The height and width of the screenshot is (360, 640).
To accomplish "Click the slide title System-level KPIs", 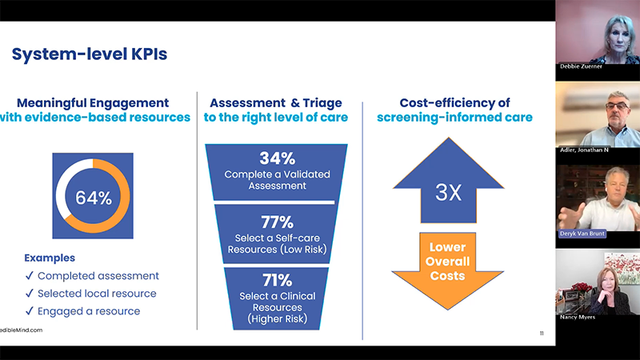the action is point(90,54).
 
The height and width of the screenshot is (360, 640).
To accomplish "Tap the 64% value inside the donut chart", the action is point(94,198).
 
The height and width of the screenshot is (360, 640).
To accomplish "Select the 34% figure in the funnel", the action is point(278,158).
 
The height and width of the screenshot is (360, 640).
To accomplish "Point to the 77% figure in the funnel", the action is point(278,222).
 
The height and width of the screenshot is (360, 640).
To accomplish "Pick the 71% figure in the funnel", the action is point(278,281).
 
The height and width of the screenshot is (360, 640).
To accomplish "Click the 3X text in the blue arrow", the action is point(448,192).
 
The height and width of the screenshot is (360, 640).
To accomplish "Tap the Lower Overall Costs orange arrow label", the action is point(448,262).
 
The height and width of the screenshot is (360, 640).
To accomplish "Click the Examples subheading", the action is point(50,258).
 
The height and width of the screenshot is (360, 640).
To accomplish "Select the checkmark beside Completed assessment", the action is point(29,276).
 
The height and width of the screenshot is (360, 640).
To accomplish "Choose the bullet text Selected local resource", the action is point(97,294).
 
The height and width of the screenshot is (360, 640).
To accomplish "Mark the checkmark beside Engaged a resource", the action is point(29,311).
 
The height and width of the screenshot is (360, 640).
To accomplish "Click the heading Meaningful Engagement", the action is point(93,103).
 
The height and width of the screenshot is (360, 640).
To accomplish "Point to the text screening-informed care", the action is point(454,118).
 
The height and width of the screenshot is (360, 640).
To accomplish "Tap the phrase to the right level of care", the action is point(276,118).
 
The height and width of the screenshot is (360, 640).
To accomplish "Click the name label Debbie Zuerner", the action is point(581,66).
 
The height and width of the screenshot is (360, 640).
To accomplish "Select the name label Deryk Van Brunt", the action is point(582,234).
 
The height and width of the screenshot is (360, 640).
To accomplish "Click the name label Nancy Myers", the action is point(578,317).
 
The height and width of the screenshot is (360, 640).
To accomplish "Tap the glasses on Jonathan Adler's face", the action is point(617,106).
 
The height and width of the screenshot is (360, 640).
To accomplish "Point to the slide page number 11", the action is point(542,334).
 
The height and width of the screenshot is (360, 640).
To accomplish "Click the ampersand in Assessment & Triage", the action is point(295,103).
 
